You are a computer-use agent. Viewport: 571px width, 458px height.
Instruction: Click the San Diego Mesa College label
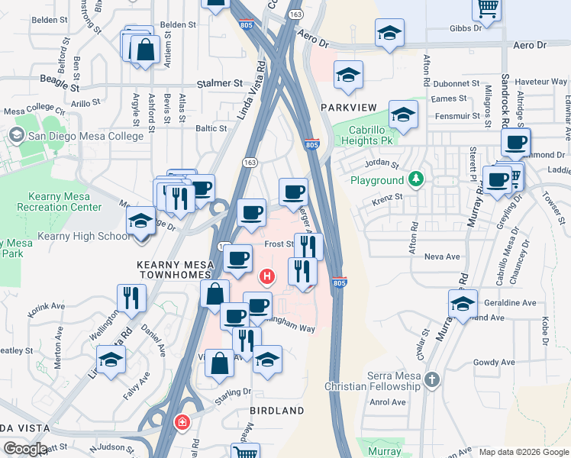tap(85, 136)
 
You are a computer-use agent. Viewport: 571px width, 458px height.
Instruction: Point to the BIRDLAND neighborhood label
tap(276, 411)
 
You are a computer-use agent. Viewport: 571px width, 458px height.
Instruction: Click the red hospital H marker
tap(267, 276)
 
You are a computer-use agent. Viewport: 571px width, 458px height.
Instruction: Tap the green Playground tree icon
tap(416, 180)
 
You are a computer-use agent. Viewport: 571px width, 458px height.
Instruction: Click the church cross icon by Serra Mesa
tap(433, 379)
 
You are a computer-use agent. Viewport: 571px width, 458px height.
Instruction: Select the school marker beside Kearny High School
tap(140, 221)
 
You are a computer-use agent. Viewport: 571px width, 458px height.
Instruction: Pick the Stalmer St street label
tap(219, 82)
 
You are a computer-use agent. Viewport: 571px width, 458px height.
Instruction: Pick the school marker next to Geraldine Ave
tap(463, 303)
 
